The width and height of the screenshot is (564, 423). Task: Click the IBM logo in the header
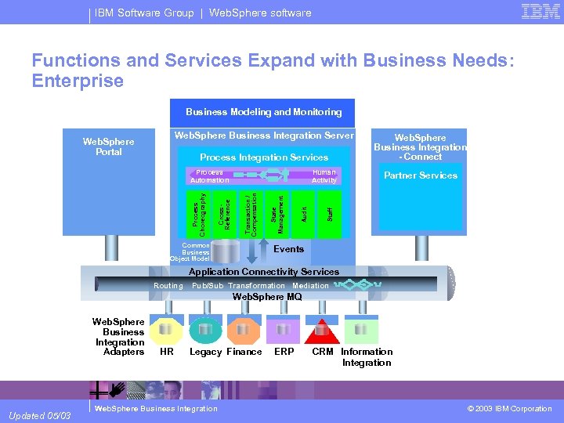click(x=540, y=12)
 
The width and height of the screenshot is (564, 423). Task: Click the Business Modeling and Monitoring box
click(x=263, y=112)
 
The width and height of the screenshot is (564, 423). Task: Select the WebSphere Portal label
click(x=109, y=146)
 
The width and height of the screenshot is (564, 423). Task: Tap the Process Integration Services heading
click(x=264, y=157)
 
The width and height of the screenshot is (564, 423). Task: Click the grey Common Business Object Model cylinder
click(x=226, y=251)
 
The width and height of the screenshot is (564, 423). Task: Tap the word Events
click(x=288, y=249)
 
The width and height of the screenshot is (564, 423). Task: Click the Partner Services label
click(x=421, y=175)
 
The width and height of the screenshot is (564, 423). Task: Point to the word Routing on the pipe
click(x=168, y=286)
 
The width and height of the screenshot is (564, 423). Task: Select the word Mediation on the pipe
click(x=310, y=286)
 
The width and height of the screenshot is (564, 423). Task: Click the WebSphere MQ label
click(x=267, y=297)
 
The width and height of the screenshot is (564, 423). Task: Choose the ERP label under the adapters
click(x=284, y=352)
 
